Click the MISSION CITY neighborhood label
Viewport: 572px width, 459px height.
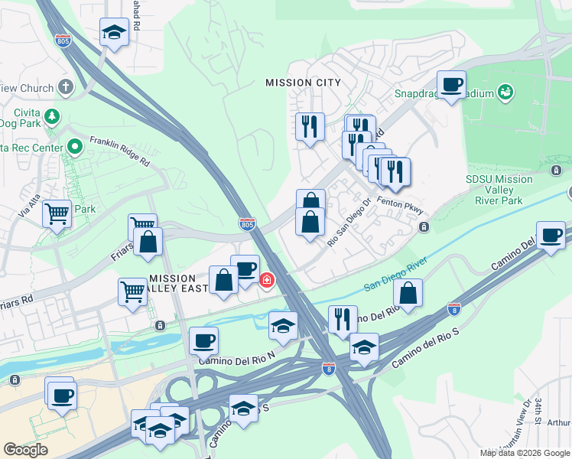pos(302,83)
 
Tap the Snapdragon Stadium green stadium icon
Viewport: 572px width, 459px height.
pos(505,93)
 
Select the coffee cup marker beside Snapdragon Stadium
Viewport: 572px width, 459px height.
pos(451,85)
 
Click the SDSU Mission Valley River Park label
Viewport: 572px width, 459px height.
pos(499,190)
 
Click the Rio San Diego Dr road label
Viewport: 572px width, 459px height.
pos(349,223)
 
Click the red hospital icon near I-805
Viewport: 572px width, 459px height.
pos(267,280)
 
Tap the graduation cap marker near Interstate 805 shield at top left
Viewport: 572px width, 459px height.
pos(114,33)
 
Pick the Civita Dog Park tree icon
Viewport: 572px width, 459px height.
pos(51,117)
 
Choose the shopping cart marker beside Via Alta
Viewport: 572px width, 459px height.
pos(57,214)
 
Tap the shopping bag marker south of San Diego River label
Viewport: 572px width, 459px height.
pos(409,292)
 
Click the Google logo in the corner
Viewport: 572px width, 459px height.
pos(25,450)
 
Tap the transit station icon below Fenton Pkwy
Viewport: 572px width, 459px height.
pos(424,227)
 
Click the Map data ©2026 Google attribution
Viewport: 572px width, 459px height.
pos(524,453)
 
